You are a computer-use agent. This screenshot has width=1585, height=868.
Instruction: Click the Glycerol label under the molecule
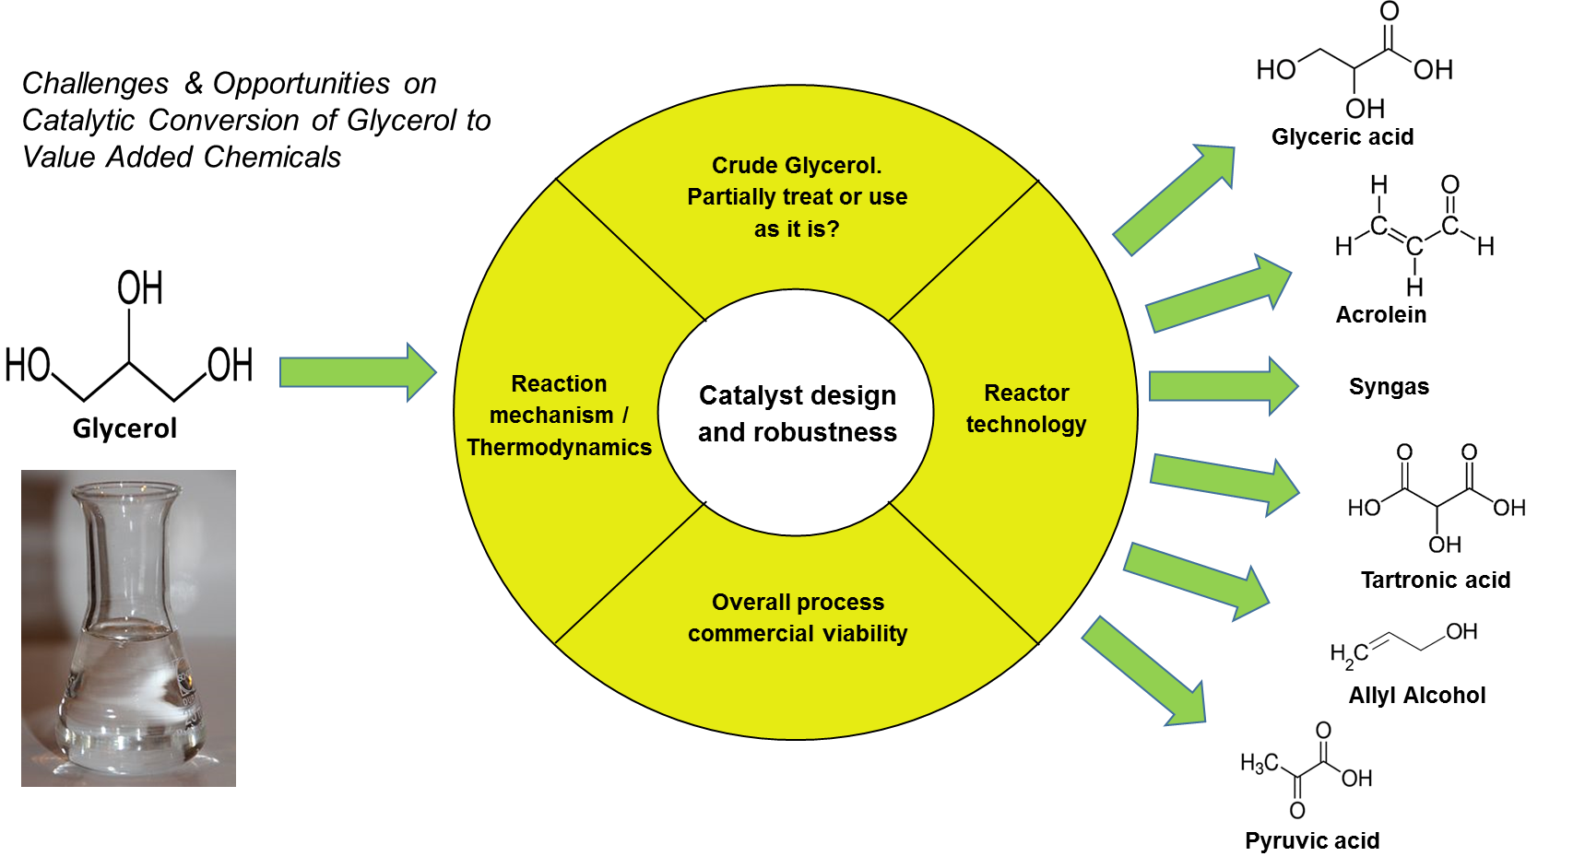click(124, 428)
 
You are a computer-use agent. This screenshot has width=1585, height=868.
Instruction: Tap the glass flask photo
click(128, 628)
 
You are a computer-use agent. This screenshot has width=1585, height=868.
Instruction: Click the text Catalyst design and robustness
click(797, 414)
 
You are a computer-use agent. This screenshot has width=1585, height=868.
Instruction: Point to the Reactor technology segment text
click(1026, 408)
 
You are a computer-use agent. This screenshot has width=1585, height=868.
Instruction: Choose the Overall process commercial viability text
click(798, 617)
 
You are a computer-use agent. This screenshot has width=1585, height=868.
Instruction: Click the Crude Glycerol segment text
click(797, 196)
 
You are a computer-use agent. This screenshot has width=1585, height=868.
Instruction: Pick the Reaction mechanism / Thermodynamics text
click(559, 415)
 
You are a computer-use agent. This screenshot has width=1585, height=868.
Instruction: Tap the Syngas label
click(1389, 387)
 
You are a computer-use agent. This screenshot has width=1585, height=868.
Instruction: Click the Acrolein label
click(1380, 315)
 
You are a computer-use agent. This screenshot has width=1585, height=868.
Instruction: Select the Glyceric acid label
click(1342, 137)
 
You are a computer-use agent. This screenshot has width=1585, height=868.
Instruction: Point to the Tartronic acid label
click(1436, 581)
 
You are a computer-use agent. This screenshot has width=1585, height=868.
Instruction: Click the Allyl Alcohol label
click(1417, 696)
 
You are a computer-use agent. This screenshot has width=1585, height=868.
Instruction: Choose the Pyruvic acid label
click(1311, 841)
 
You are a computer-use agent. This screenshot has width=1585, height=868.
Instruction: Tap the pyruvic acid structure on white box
click(1306, 770)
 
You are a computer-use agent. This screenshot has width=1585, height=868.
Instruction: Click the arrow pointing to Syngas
click(1222, 386)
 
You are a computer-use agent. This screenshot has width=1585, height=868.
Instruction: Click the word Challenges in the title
click(95, 84)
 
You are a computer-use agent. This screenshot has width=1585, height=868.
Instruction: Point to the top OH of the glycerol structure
click(140, 288)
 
